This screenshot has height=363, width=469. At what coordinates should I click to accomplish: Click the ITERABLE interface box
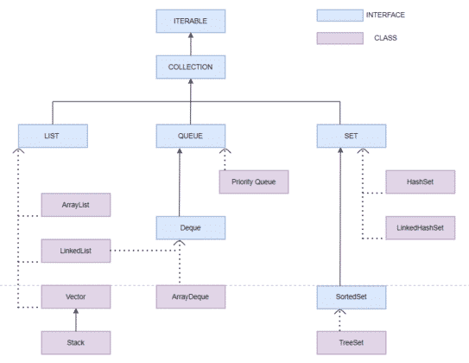191,21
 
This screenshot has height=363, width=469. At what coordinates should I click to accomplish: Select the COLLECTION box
191,66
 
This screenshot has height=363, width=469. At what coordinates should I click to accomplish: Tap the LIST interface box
53,136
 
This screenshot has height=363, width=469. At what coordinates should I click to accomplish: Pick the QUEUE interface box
191,136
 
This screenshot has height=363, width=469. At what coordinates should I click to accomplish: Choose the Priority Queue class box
252,182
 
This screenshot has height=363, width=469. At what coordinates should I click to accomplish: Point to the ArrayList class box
77,205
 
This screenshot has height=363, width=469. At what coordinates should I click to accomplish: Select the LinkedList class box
77,252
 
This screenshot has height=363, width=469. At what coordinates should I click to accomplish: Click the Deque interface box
191,228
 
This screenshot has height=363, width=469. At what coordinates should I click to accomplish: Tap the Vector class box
77,296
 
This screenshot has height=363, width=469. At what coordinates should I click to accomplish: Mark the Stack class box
77,341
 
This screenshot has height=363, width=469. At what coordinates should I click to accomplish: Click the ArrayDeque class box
191,296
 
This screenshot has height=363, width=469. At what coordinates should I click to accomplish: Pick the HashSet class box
420,182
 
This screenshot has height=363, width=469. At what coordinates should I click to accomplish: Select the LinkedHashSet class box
420,228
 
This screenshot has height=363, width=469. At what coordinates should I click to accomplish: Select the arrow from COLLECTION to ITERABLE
191,43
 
